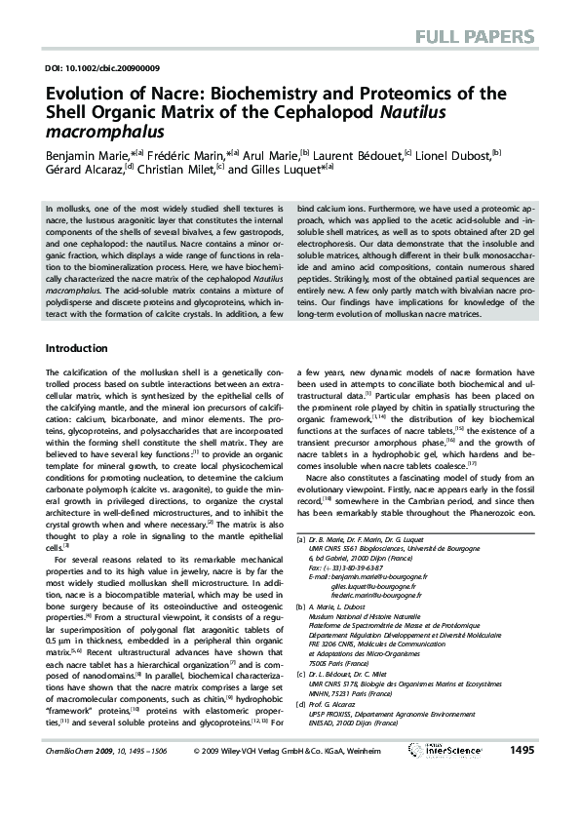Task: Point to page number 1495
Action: (x=522, y=777)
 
